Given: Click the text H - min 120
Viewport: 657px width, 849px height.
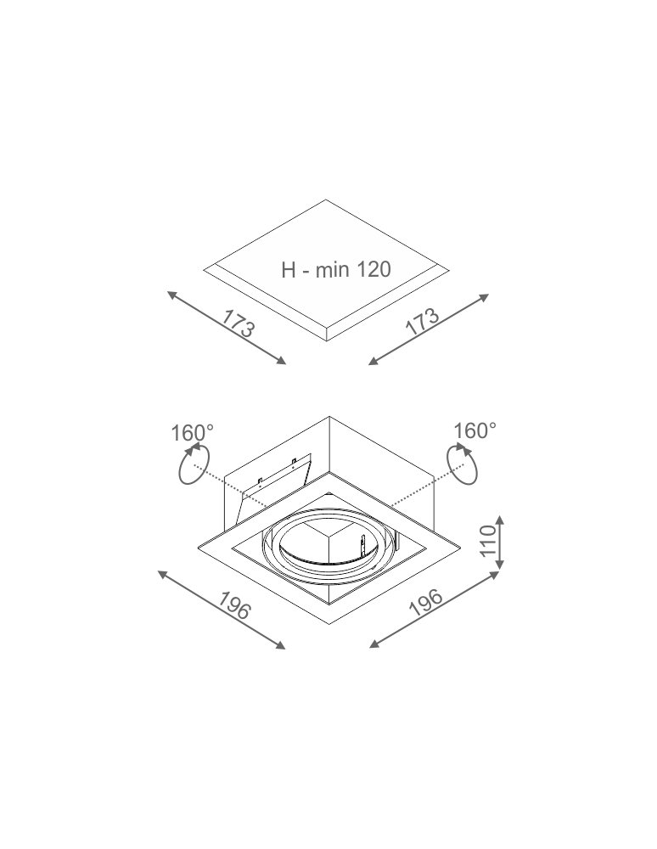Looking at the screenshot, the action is pos(335,269).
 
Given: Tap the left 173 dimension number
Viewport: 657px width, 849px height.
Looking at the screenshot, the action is pos(238,323).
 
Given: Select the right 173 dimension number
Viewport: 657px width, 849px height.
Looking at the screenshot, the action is pos(422,322).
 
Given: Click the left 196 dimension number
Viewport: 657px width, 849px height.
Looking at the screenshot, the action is pos(234,605).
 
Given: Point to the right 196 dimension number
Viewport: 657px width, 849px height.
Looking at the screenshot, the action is pos(426,603).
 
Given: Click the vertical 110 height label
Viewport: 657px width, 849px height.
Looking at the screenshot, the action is pos(489,540).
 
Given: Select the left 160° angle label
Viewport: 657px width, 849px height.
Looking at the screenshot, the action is pos(193,433).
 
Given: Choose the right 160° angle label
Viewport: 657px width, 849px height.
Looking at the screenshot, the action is pos(474,431).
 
